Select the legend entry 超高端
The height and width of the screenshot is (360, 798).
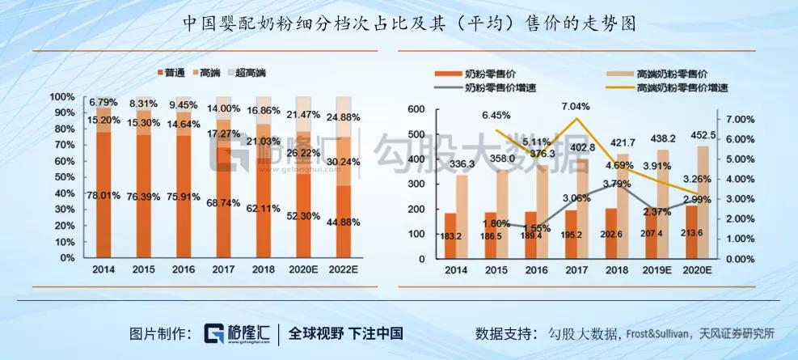pyautogui.click(x=252, y=73)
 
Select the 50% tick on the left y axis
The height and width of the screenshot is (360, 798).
pyautogui.click(x=63, y=178)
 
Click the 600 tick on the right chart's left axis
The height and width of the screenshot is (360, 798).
pyautogui.click(x=416, y=110)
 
